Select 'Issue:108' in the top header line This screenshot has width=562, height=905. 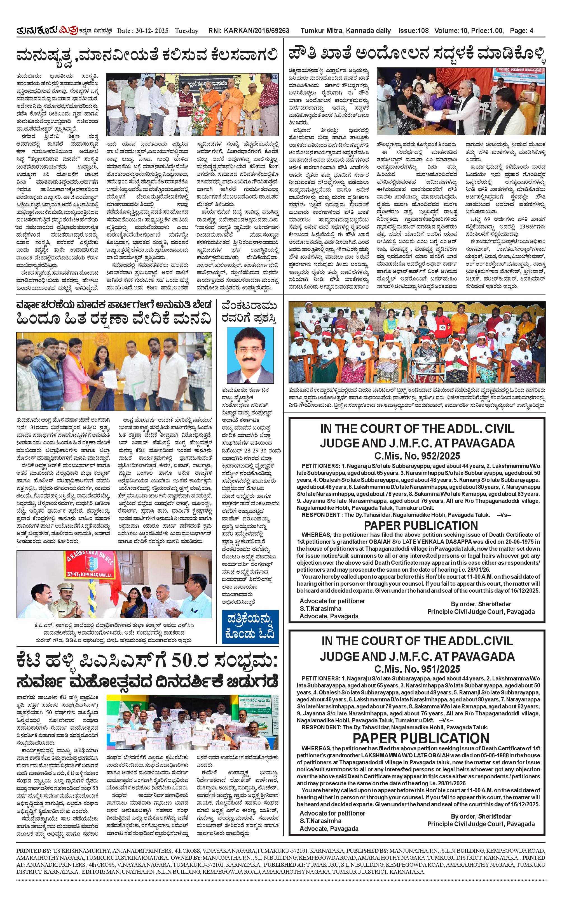click(x=413, y=31)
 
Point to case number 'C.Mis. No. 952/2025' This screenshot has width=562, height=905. click(x=417, y=456)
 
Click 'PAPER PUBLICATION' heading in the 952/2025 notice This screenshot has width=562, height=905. click(x=420, y=525)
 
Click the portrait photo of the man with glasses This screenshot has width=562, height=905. click(x=250, y=355)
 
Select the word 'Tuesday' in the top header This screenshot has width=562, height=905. click(x=187, y=31)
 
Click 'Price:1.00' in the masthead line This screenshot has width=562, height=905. click(x=487, y=31)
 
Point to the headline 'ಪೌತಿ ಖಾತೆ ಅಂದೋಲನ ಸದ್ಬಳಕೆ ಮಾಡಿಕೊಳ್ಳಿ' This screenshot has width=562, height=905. click(x=417, y=54)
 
